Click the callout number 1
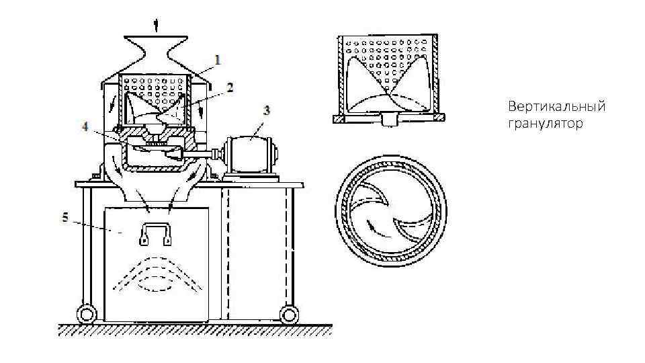pyautogui.click(x=217, y=59)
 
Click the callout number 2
pyautogui.click(x=230, y=87)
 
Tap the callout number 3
pyautogui.click(x=267, y=110)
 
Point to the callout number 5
pyautogui.click(x=65, y=217)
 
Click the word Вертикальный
pyautogui.click(x=557, y=108)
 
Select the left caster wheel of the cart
pyautogui.click(x=85, y=314)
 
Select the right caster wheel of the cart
pyautogui.click(x=290, y=314)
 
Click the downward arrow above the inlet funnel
pyautogui.click(x=157, y=26)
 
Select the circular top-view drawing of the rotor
pyautogui.click(x=392, y=212)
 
